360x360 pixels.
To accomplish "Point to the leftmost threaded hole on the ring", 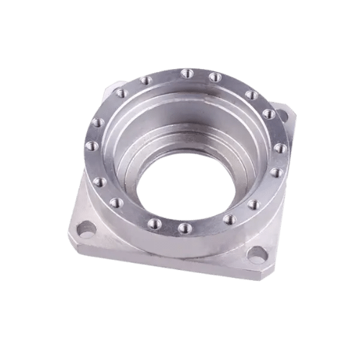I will (x=91, y=145).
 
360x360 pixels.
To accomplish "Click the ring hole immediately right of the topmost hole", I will (x=215, y=76).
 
